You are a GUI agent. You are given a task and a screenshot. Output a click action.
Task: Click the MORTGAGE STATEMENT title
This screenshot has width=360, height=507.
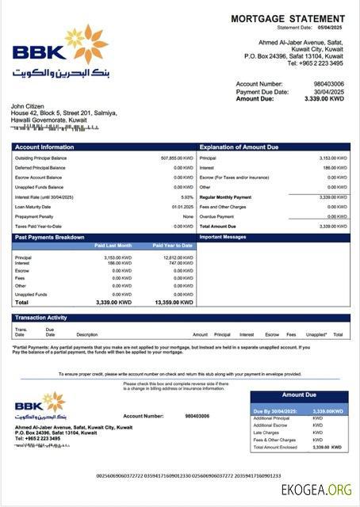tap(286, 18)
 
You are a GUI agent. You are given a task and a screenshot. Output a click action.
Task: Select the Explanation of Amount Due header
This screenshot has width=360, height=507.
tap(239, 147)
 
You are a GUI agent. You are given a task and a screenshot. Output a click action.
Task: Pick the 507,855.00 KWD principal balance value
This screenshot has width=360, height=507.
tap(176, 158)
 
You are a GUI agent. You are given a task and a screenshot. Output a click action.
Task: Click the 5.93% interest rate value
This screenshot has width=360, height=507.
tap(187, 196)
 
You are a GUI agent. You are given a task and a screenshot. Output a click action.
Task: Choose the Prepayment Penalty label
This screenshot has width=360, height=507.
tap(34, 216)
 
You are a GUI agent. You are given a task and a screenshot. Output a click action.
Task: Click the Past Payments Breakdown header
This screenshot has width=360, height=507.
tap(49, 237)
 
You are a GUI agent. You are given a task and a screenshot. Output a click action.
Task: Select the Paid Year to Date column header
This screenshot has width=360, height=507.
tap(173, 246)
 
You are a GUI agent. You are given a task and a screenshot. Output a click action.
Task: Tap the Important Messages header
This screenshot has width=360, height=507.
tap(223, 237)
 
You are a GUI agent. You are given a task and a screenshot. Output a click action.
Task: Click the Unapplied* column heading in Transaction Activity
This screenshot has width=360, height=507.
tap(316, 334)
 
